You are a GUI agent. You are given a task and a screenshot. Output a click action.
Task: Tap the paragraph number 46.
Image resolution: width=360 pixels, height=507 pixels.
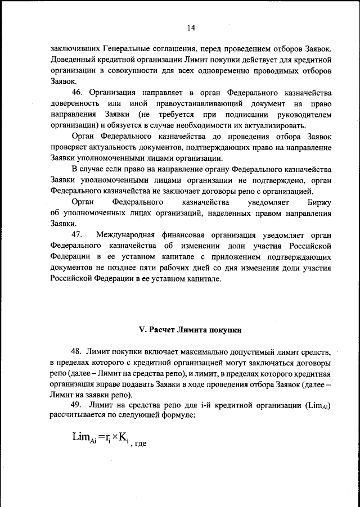point(78,92)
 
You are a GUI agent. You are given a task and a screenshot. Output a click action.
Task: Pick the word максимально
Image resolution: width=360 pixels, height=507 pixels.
point(206,352)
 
